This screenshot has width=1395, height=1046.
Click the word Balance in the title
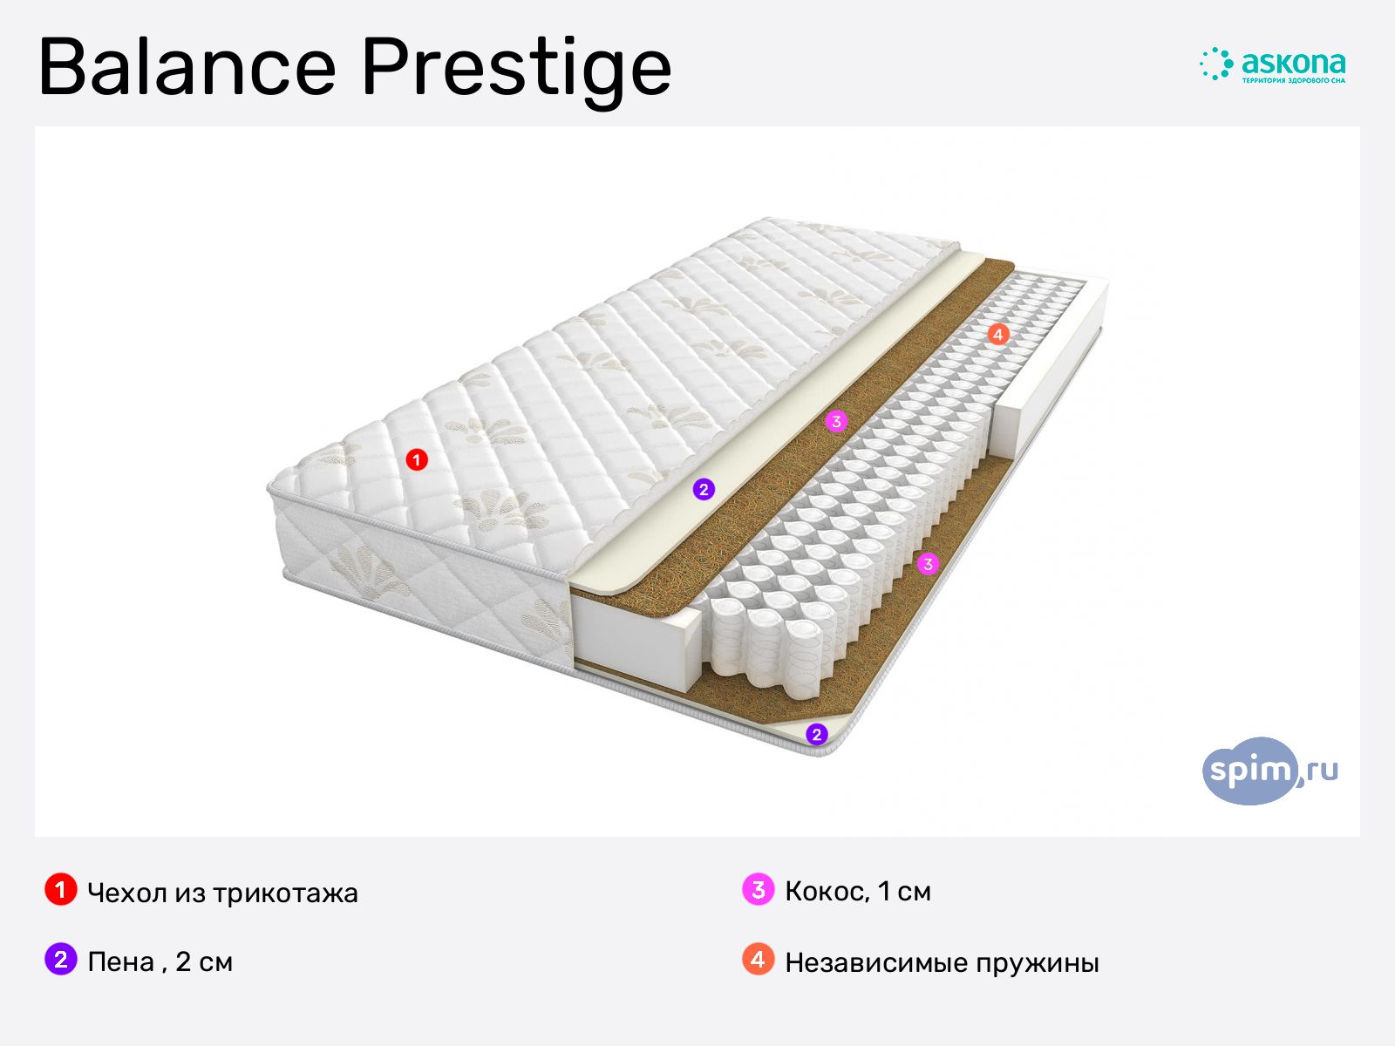(187, 67)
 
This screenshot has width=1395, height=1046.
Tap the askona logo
(1272, 65)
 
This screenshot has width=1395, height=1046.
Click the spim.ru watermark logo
(1269, 771)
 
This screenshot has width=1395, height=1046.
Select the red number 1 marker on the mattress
(416, 459)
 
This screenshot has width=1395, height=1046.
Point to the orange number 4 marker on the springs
(997, 334)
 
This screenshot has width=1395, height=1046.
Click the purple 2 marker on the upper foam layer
(704, 489)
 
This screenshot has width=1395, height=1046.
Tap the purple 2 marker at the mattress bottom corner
(817, 735)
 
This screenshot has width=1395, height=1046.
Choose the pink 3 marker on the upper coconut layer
(836, 421)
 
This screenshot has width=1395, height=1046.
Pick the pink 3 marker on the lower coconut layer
(928, 563)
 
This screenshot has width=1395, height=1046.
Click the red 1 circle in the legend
(61, 889)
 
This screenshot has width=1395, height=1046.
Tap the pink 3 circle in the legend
(759, 889)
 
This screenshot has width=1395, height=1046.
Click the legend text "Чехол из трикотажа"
(222, 893)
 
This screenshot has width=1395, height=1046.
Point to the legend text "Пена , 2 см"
(160, 962)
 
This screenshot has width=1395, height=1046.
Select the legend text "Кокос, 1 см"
(858, 892)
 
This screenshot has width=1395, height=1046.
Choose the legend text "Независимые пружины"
(942, 963)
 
